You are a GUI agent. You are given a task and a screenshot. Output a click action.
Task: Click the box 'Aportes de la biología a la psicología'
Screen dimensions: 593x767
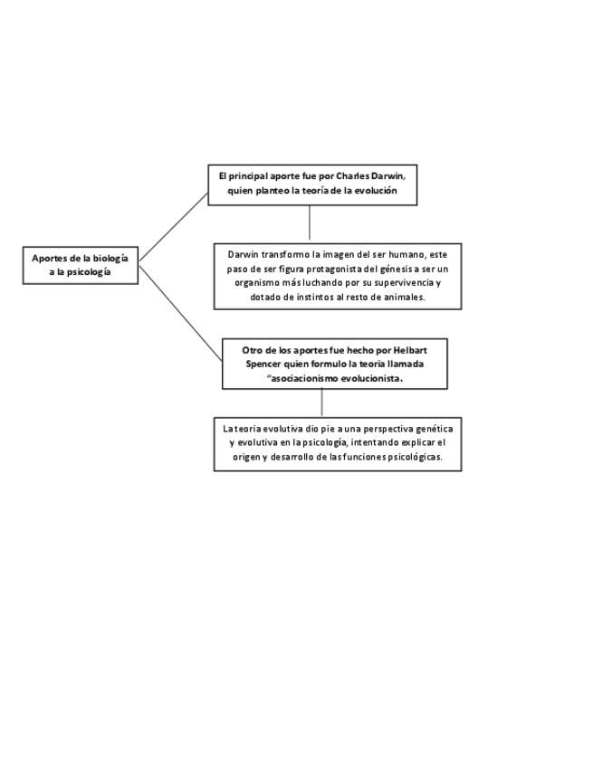pos(81,264)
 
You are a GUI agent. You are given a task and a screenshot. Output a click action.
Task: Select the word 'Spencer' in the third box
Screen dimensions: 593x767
pos(266,364)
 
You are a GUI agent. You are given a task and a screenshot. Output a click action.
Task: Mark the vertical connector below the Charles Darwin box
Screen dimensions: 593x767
pos(310,223)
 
